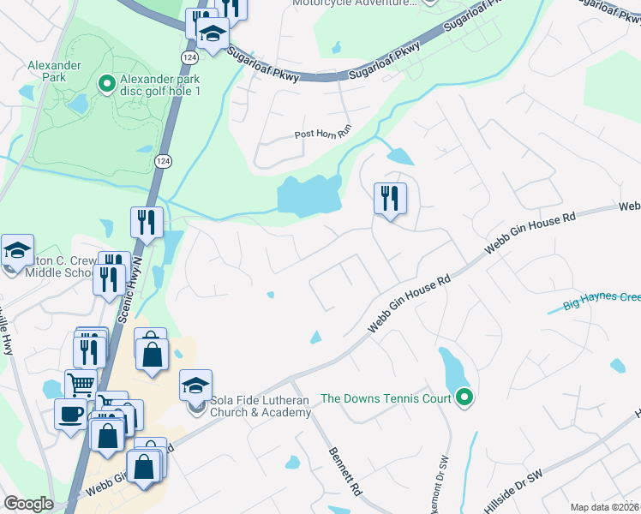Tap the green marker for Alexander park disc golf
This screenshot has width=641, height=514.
(x=107, y=83)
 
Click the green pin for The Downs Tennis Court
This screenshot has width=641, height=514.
(x=464, y=397)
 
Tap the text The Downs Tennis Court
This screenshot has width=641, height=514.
(x=386, y=397)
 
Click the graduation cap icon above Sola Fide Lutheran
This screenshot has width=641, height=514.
(x=195, y=385)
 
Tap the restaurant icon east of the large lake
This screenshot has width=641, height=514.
(x=390, y=199)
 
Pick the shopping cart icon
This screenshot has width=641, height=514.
(x=80, y=385)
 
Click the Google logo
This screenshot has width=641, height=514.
(x=28, y=504)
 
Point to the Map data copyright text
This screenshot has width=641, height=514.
(x=604, y=507)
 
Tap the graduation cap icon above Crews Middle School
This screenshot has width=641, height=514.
(x=17, y=250)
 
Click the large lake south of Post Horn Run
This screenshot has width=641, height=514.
(x=309, y=194)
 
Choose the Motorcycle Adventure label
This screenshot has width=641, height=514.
(x=351, y=3)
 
